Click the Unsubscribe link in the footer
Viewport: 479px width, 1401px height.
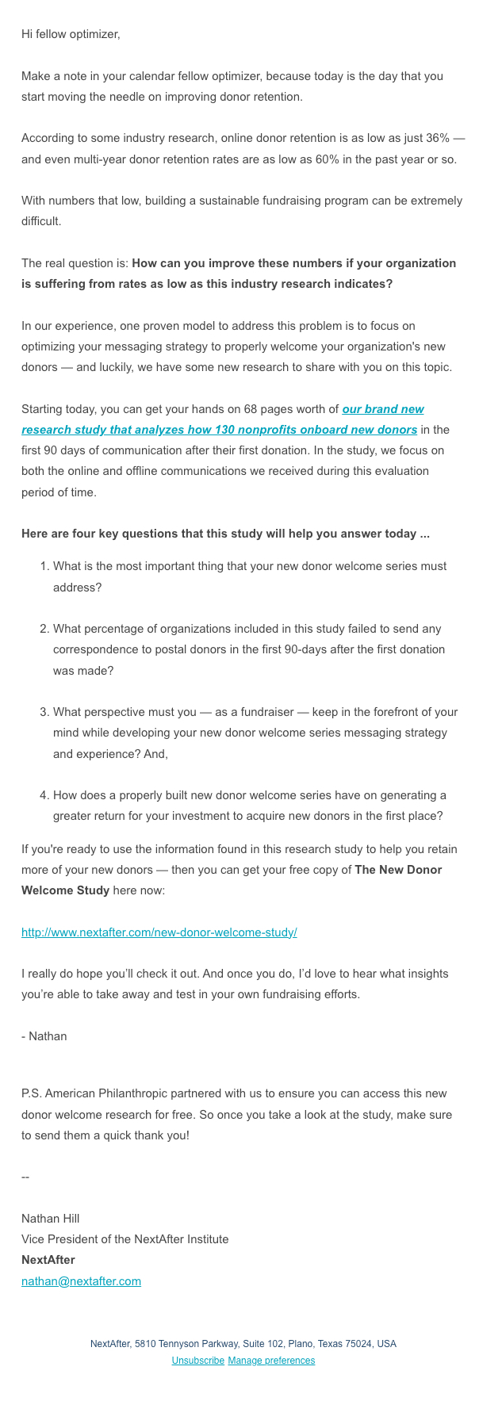tap(197, 1360)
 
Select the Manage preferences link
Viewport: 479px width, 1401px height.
tap(271, 1360)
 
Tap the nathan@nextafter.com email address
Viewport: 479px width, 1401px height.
tap(81, 1280)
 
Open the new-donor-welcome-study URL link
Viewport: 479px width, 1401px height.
tap(159, 932)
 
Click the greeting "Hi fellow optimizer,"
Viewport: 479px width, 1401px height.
tap(71, 34)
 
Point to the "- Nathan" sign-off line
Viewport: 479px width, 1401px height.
tap(44, 1035)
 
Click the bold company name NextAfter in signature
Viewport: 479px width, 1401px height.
tap(48, 1259)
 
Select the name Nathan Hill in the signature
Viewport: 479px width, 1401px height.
tap(51, 1218)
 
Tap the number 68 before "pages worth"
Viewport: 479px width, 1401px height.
tap(232, 409)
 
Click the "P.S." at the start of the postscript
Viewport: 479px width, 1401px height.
tap(31, 1093)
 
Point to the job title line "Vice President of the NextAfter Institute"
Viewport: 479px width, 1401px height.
tap(125, 1238)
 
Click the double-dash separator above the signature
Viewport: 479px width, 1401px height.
tap(25, 1177)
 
